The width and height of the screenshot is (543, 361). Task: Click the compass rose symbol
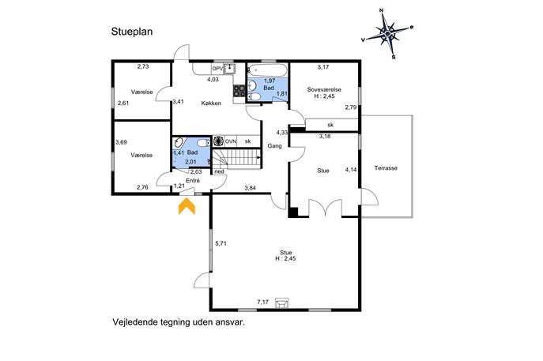(387, 33)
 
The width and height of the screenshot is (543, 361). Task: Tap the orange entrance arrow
(187, 206)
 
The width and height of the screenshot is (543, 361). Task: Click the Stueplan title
(132, 32)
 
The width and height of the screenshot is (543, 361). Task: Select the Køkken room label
(211, 103)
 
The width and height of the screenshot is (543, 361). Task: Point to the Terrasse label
(386, 168)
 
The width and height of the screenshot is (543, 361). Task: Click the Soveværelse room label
(324, 89)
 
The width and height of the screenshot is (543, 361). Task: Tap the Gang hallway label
(274, 146)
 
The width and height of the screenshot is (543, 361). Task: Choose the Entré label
(193, 181)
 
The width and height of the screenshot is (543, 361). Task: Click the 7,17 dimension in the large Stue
(263, 303)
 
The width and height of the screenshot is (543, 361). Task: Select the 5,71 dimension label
(221, 243)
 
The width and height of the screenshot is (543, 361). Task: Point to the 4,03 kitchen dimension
(213, 80)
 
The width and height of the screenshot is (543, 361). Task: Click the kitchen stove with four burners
(239, 91)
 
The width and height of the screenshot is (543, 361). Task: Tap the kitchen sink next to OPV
(229, 69)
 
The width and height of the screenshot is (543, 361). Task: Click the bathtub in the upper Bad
(266, 70)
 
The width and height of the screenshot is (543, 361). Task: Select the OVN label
(231, 141)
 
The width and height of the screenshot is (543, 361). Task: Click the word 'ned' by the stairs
(219, 171)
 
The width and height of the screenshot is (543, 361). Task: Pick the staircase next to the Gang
(236, 159)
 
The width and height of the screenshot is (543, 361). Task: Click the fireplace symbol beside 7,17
(281, 303)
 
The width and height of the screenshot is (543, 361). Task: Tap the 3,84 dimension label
(250, 188)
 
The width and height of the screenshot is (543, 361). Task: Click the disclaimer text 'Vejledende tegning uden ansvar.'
(179, 322)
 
